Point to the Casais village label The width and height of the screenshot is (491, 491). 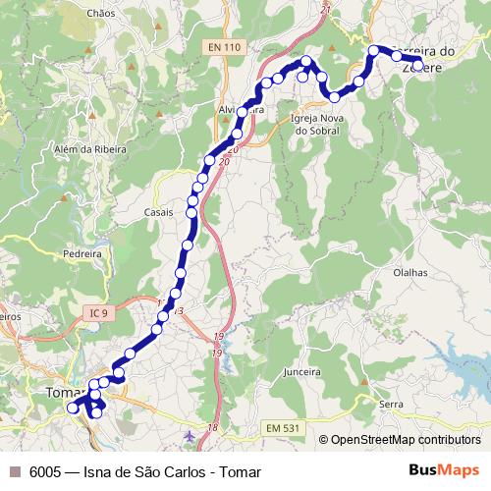tap(158, 212)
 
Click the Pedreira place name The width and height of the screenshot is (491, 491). tap(82, 252)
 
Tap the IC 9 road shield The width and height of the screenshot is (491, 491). tap(95, 313)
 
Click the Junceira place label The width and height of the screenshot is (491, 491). tap(301, 372)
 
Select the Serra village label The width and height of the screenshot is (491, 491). tap(392, 405)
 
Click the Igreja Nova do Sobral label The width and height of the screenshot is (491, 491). tap(316, 124)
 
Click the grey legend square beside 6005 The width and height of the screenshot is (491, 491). tap(15, 471)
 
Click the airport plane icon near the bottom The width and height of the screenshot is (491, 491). tap(190, 434)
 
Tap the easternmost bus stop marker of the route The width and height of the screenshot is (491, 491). tap(418, 66)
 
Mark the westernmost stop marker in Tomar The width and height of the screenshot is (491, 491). tap(72, 408)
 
